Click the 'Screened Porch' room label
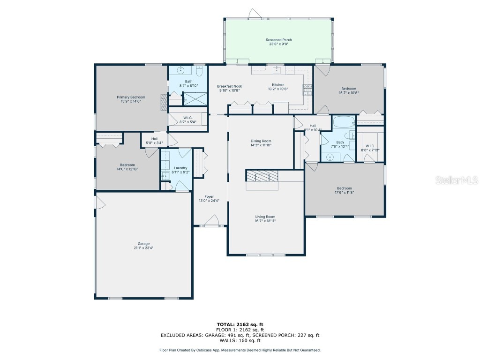(x=278, y=40)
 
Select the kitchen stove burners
(x=307, y=89)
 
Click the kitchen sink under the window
(x=277, y=70)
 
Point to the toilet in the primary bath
(x=200, y=72)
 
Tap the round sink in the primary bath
(x=181, y=70)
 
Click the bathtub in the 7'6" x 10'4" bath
(x=344, y=123)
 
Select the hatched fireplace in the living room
(x=262, y=176)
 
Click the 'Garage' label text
(x=143, y=244)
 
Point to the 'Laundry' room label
(x=180, y=168)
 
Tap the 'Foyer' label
(x=209, y=196)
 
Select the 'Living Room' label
(x=265, y=217)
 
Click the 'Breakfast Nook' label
(x=229, y=86)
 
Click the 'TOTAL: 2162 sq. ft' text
(x=240, y=324)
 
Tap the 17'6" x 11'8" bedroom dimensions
(x=345, y=192)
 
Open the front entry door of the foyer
(x=212, y=221)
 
